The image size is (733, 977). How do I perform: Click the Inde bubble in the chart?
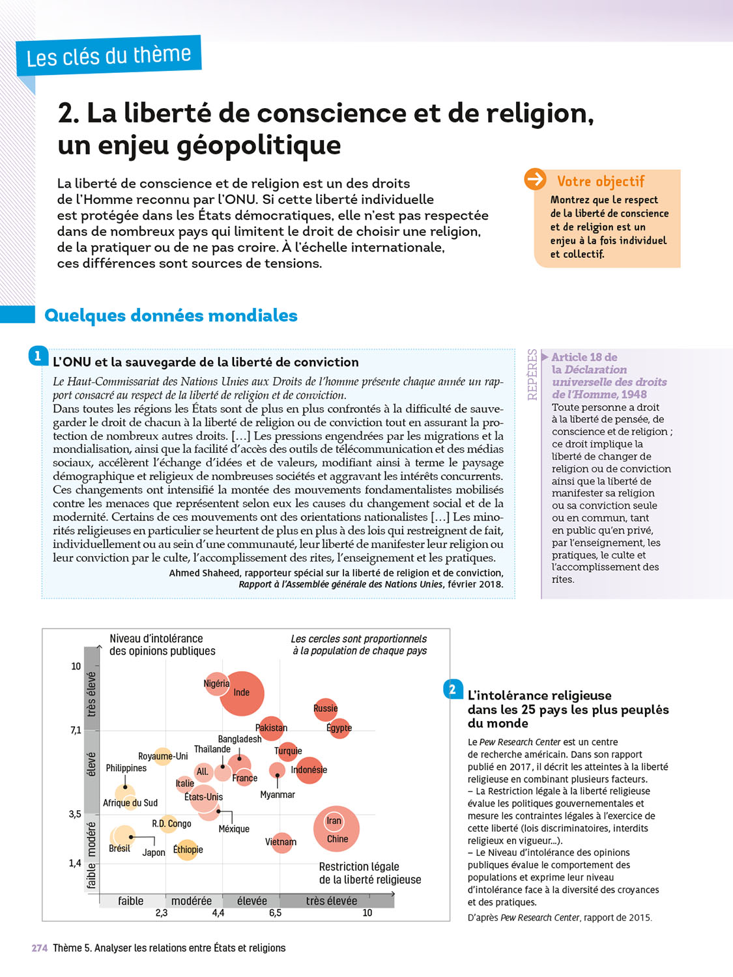coord(242,693)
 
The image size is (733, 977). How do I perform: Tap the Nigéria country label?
coord(216,683)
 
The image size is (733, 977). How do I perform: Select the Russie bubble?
coord(325,709)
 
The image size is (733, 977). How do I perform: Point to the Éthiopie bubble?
coord(188,849)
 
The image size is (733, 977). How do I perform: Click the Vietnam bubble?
coord(281,842)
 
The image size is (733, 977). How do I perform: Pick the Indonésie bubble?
coord(309,770)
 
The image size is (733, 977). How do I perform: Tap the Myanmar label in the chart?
coord(278,795)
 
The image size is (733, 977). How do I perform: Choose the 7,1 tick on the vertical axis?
coord(76,730)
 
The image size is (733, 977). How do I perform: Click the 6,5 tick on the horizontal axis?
coord(276,913)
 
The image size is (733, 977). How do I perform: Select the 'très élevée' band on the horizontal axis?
coord(332,901)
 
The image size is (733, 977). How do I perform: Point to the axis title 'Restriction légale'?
coord(359,867)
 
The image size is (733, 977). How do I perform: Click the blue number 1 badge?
coord(38,356)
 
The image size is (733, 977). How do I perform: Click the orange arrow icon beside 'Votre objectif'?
coord(536,179)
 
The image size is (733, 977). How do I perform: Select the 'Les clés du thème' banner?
coord(109,56)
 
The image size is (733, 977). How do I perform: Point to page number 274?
coord(40,948)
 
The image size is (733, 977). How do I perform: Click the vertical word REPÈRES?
coord(532,375)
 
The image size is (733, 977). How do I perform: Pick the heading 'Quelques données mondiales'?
coord(171,316)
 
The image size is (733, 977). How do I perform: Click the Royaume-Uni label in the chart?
coord(163,756)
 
